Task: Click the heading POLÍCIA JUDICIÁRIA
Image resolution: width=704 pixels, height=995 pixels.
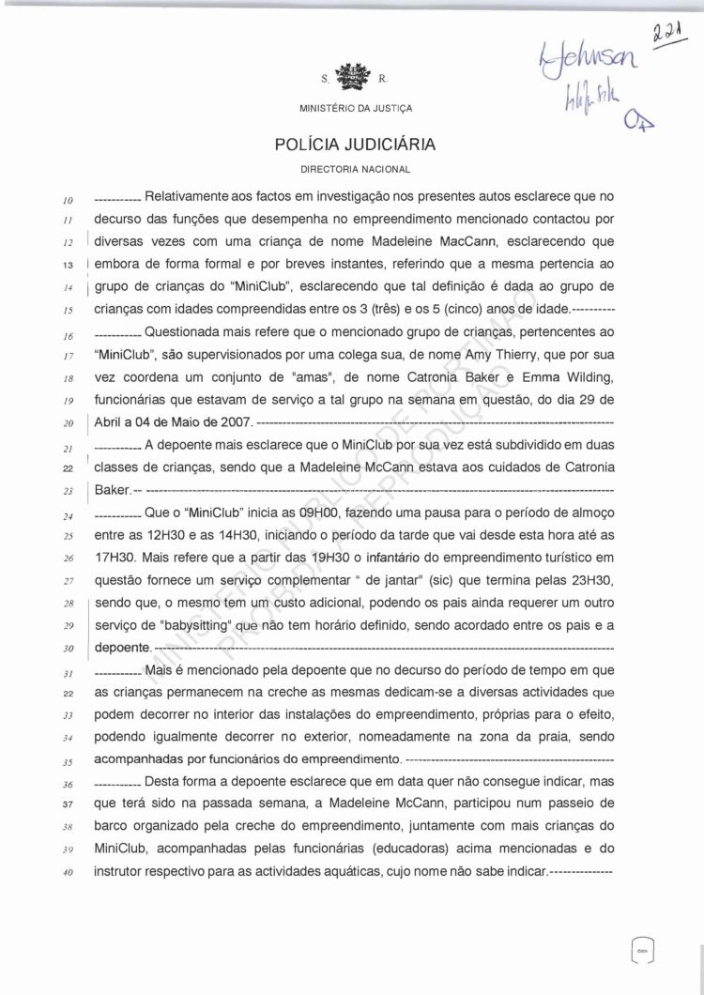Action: (x=354, y=145)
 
